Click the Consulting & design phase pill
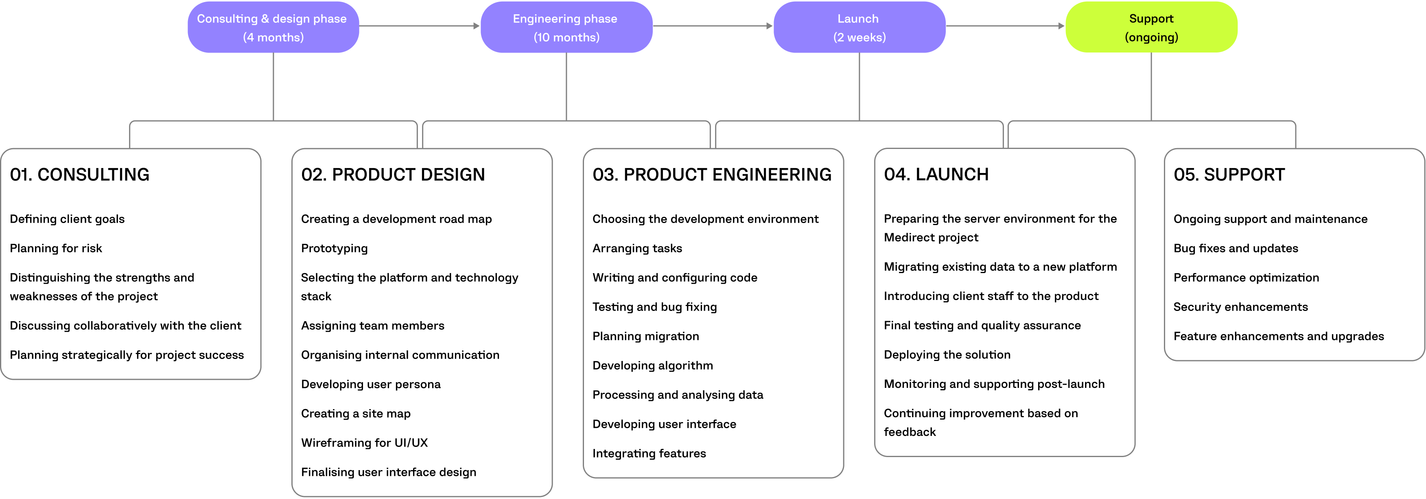pyautogui.click(x=273, y=27)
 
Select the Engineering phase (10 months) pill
pyautogui.click(x=566, y=27)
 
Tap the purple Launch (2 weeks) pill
pyautogui.click(x=859, y=27)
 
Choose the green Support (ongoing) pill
pyautogui.click(x=1151, y=27)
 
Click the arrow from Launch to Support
pyautogui.click(x=1005, y=26)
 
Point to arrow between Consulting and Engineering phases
pyautogui.click(x=419, y=26)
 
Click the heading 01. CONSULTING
pyautogui.click(x=80, y=175)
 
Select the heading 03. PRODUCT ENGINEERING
pyautogui.click(x=711, y=175)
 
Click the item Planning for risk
pyautogui.click(x=56, y=248)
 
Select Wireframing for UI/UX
pyautogui.click(x=364, y=442)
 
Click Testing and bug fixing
pyautogui.click(x=654, y=307)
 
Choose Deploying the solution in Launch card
pyautogui.click(x=947, y=355)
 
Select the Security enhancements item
pyautogui.click(x=1240, y=307)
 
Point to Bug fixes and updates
pyautogui.click(x=1235, y=248)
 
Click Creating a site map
pyautogui.click(x=355, y=413)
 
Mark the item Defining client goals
pyautogui.click(x=67, y=219)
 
